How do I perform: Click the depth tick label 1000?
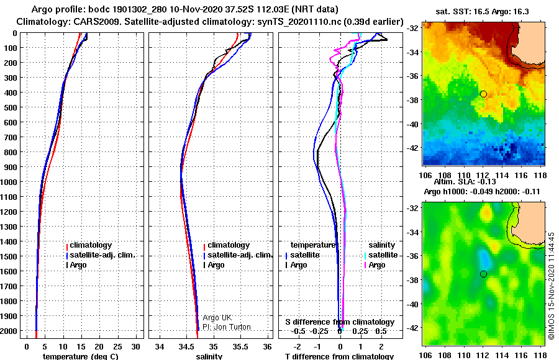[x=9, y=182]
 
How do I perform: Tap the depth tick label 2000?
[x=9, y=331]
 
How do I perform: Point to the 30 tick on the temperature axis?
[x=135, y=347]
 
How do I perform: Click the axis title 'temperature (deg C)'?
[x=81, y=356]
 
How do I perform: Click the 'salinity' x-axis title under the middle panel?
[x=209, y=356]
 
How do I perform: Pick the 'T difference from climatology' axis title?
[x=339, y=356]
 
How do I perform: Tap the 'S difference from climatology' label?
[x=340, y=322]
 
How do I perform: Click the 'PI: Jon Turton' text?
[x=227, y=327]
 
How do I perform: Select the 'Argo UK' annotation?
[x=217, y=318]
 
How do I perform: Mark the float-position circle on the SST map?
[x=483, y=94]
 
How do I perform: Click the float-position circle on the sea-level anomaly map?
[x=483, y=274]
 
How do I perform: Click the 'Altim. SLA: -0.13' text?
[x=465, y=182]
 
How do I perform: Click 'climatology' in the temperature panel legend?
[x=91, y=245]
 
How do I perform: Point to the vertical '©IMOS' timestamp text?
[x=552, y=286]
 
